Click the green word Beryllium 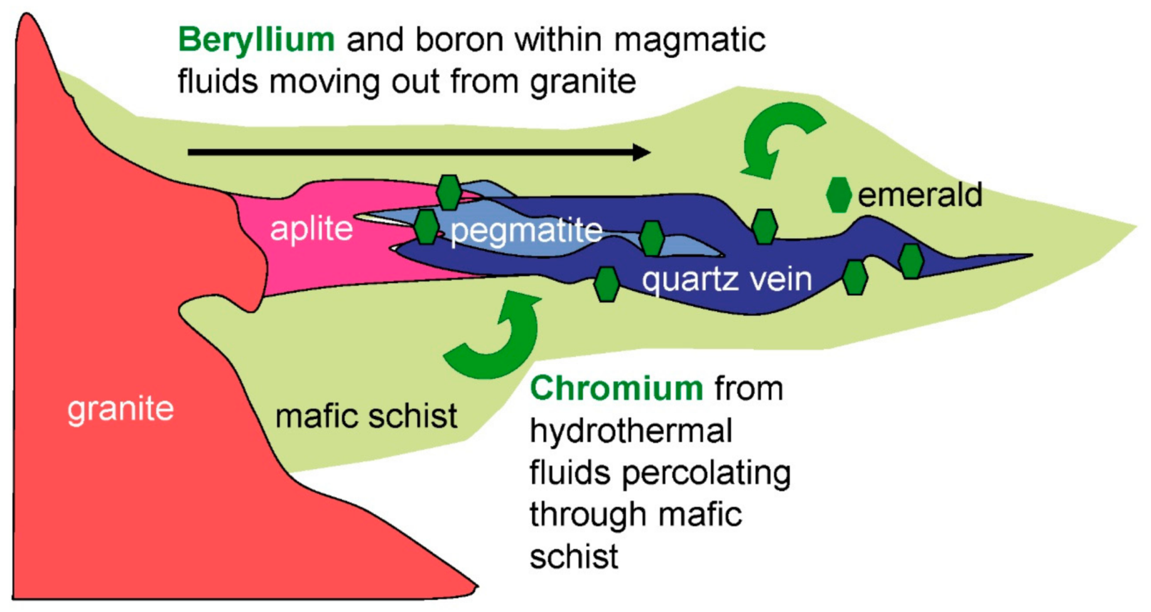(256, 40)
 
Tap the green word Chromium (616, 388)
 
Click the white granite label (121, 410)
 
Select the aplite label (311, 229)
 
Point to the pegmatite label (526, 231)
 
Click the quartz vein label (727, 278)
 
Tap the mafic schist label (366, 416)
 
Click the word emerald (920, 195)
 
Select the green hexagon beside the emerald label (838, 195)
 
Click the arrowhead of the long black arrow (640, 152)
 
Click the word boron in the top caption (459, 40)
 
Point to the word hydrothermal (631, 431)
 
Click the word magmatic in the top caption (689, 40)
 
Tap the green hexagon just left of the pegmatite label (426, 227)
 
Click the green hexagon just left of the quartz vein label (607, 284)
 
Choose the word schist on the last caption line (574, 557)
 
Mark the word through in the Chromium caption (588, 515)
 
